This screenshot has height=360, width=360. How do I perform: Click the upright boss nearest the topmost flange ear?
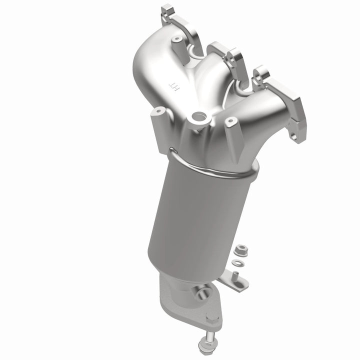[x=176, y=39]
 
